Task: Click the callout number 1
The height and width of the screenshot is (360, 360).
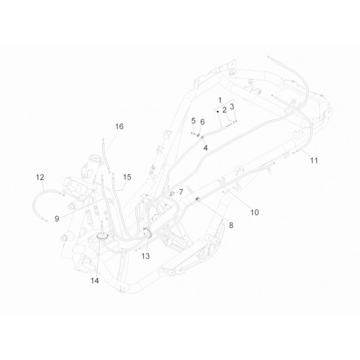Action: [x=220, y=100]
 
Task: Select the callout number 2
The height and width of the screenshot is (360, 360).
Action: [x=225, y=110]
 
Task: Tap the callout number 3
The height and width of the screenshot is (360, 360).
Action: [x=232, y=107]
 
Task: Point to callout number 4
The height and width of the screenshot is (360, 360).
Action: [x=205, y=148]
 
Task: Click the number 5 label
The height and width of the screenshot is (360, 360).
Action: [x=194, y=121]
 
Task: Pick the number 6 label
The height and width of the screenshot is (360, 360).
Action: [x=202, y=122]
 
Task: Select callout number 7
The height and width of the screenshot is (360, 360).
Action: [x=181, y=192]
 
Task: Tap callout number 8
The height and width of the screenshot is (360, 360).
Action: [x=231, y=225]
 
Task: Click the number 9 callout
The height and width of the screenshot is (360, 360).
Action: [x=57, y=219]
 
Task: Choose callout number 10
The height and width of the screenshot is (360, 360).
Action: [x=254, y=212]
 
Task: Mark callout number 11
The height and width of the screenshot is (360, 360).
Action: [x=314, y=161]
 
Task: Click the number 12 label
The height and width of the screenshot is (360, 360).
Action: [x=40, y=177]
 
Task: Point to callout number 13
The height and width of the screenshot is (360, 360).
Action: [x=145, y=256]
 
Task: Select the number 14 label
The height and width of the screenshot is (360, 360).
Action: [x=95, y=280]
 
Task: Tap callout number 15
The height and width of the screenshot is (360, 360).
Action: [x=127, y=177]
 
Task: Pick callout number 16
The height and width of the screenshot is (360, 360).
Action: [x=120, y=127]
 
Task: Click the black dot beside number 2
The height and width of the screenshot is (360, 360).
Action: [x=217, y=112]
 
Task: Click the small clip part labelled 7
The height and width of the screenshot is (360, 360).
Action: [x=171, y=194]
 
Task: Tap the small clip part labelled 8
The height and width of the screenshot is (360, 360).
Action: [x=198, y=199]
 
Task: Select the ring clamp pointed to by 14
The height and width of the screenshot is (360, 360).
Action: [x=102, y=238]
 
